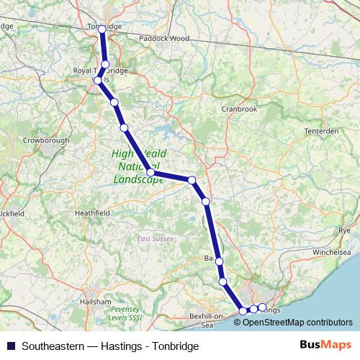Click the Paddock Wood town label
click(163, 37)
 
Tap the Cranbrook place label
click(239, 109)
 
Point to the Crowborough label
click(45, 140)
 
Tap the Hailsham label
click(96, 301)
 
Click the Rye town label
click(344, 230)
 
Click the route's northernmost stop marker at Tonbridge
click(102, 29)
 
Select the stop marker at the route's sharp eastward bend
click(150, 172)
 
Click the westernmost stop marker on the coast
click(243, 311)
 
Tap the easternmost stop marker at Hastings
click(262, 307)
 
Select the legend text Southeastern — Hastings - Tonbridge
click(110, 346)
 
